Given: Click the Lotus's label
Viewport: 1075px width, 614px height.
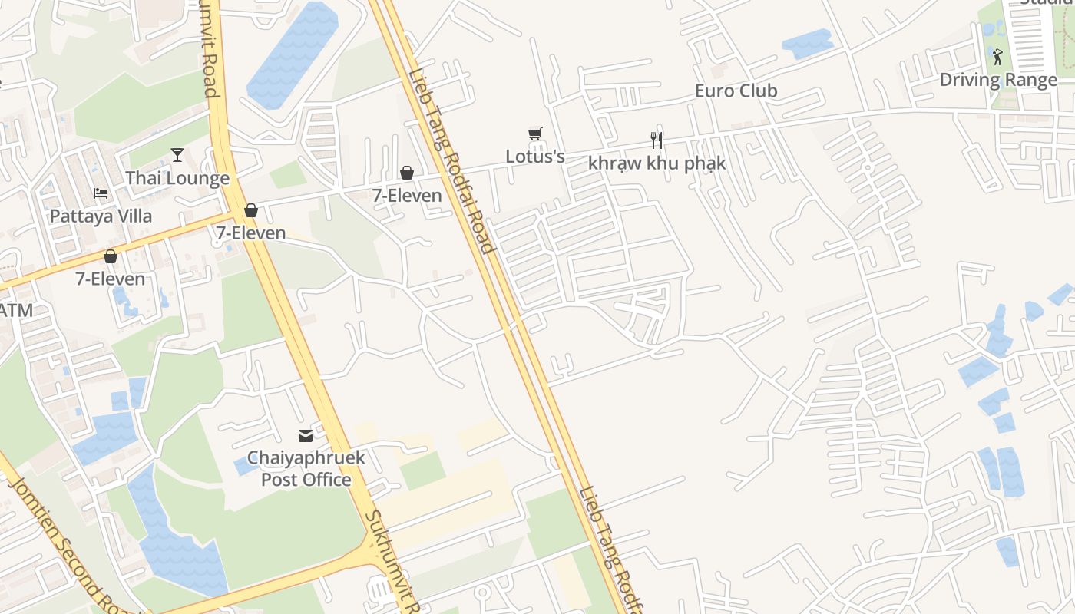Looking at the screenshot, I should click(535, 157).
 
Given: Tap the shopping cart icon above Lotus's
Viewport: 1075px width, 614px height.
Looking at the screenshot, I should click(535, 134).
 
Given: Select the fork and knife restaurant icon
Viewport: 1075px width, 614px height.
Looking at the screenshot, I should click(657, 140).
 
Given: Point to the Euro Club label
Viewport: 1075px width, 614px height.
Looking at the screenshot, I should click(736, 91).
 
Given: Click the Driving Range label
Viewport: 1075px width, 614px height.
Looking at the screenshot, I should click(998, 79).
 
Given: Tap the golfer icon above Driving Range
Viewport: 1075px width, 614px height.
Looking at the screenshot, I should click(997, 56).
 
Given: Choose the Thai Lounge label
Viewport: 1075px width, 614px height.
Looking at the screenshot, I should click(177, 178).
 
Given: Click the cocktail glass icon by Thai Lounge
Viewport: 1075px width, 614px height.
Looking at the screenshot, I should click(177, 155).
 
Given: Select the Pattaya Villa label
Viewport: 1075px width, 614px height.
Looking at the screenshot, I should click(101, 216).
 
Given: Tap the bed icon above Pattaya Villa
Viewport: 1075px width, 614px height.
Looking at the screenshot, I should click(101, 193).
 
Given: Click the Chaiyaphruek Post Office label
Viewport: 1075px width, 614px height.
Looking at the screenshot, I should click(306, 469).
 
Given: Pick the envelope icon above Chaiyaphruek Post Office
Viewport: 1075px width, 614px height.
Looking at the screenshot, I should click(306, 436).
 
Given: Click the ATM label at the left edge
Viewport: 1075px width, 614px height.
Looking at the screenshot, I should click(15, 310).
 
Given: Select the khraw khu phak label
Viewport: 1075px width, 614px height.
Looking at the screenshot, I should click(657, 163).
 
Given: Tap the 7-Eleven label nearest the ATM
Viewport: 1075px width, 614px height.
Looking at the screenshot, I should click(110, 279).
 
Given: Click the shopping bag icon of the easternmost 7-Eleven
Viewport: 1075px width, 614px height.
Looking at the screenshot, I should click(407, 173).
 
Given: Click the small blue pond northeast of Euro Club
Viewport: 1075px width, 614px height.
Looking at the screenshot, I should click(807, 43).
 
